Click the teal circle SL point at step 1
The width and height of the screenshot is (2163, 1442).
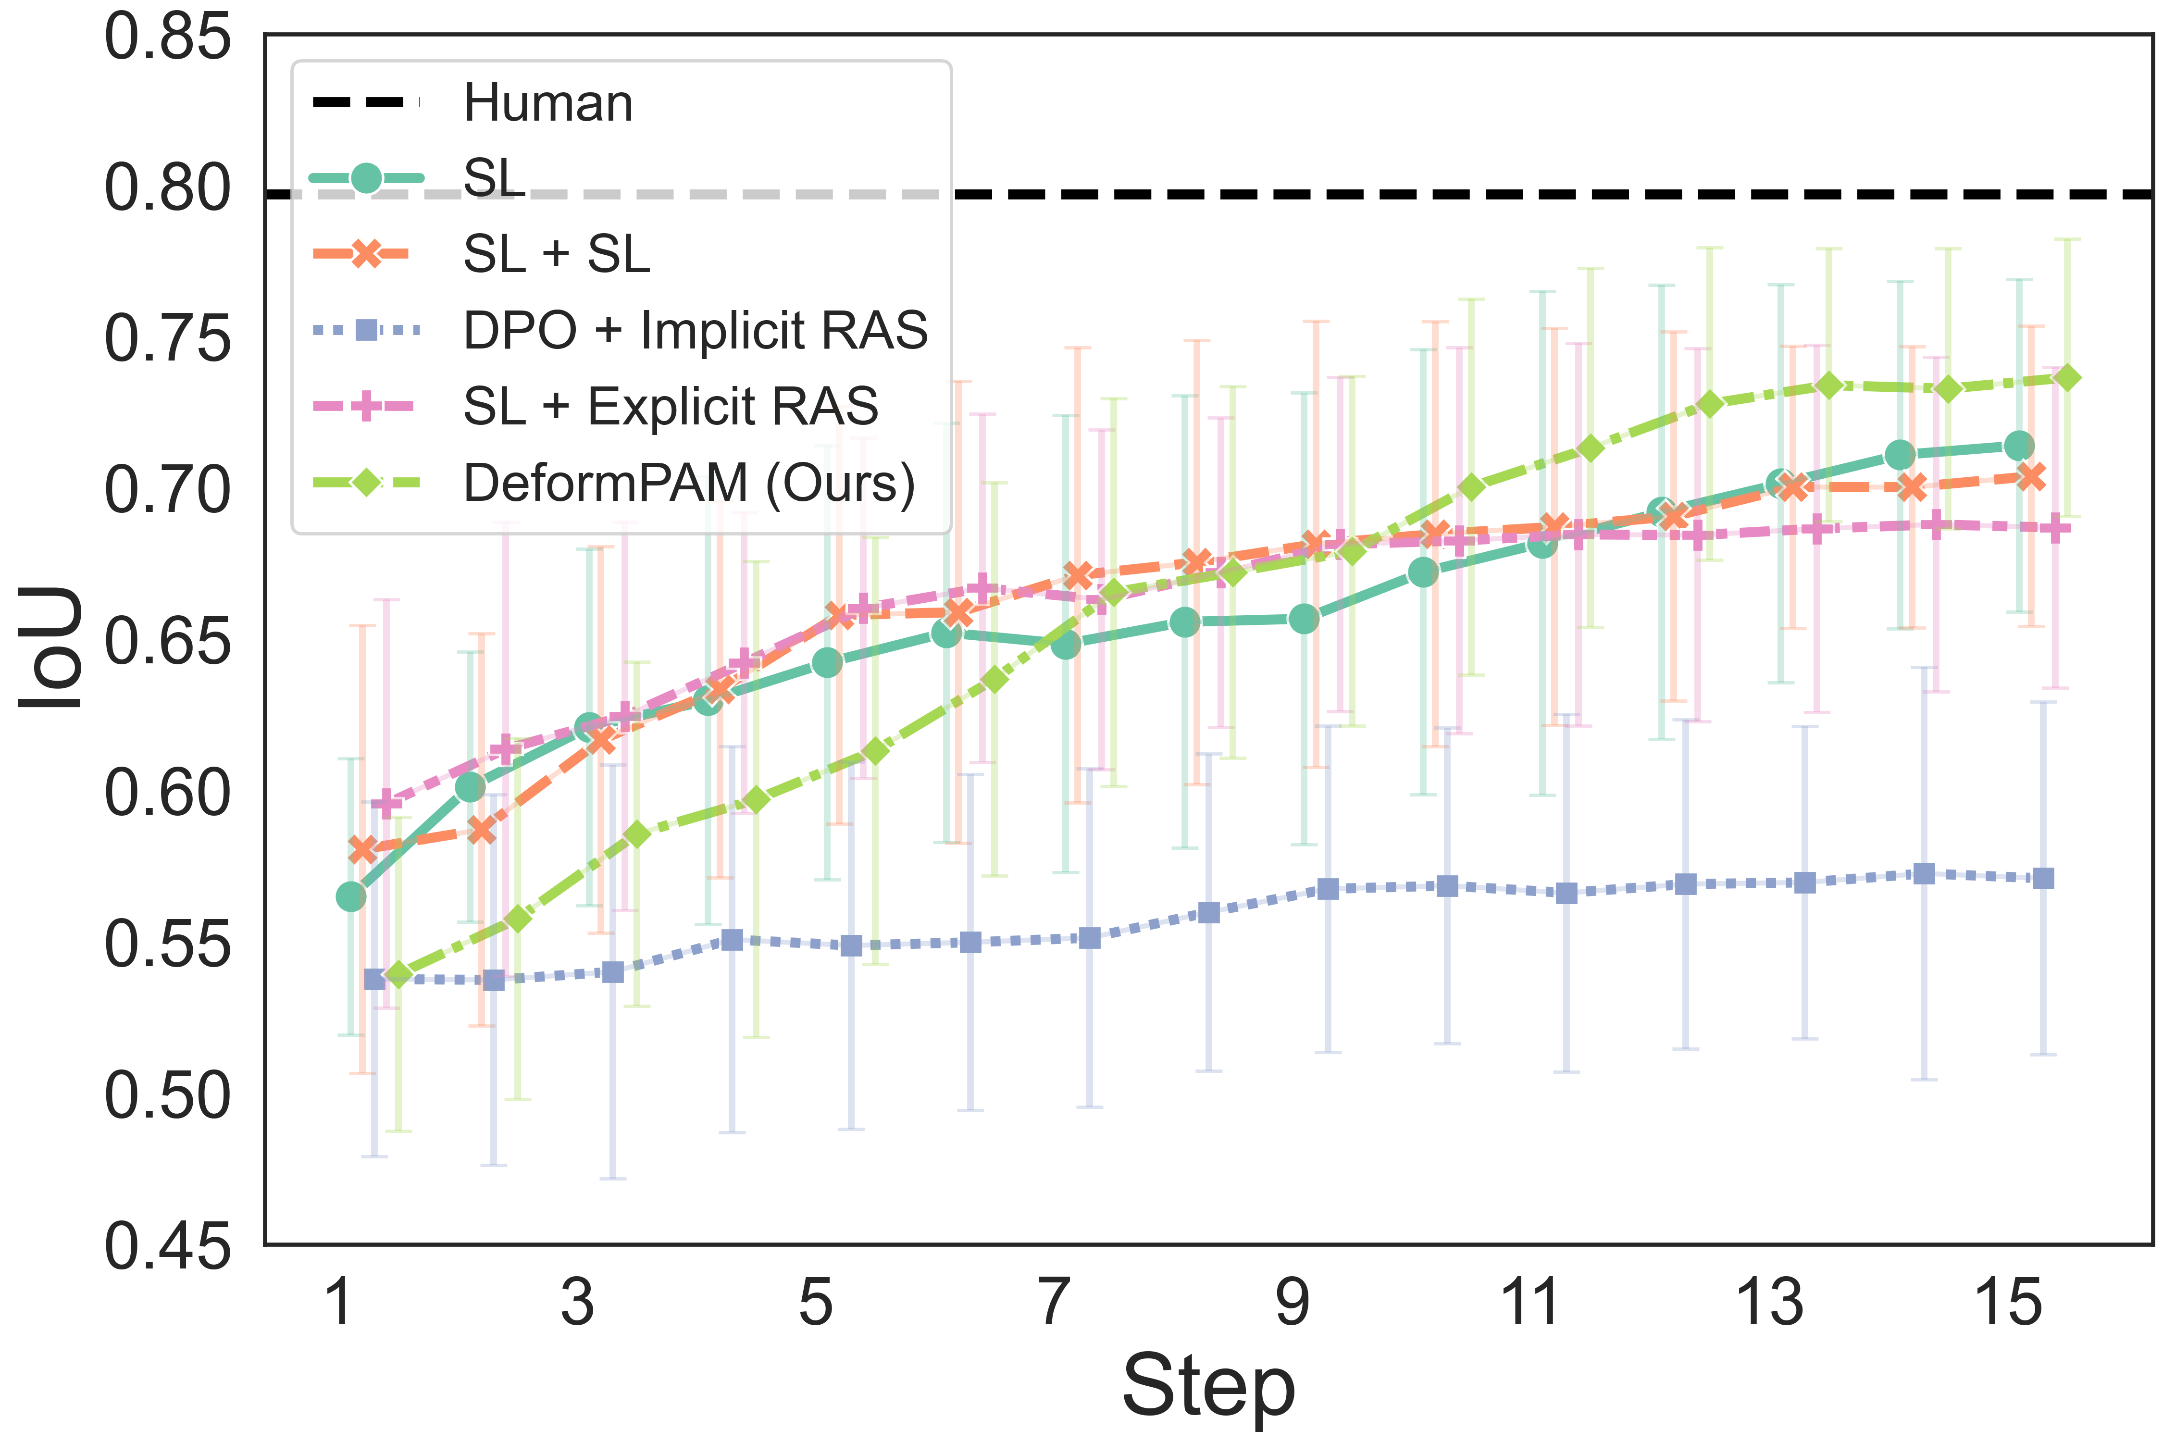(x=350, y=896)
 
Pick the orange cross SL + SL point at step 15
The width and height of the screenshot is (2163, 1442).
(x=2031, y=476)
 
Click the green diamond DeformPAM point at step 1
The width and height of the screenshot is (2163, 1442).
(x=398, y=974)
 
